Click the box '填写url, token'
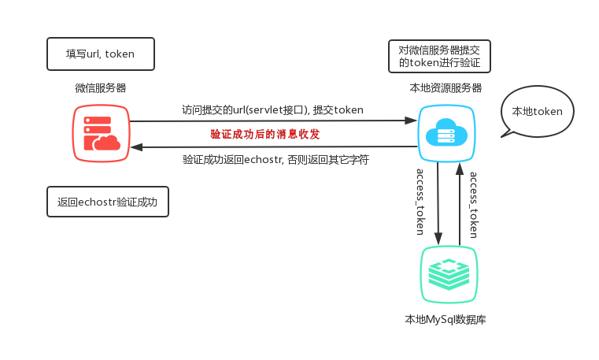100,54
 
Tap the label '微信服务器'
100,88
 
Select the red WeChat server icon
101,131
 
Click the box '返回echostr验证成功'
107,202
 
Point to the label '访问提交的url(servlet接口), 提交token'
273,110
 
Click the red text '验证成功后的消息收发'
265,135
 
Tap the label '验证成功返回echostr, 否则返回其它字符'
275,160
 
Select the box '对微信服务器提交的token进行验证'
439,55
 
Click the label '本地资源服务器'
446,88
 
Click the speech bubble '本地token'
537,112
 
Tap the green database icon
449,273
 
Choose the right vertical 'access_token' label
474,205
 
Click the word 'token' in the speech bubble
548,112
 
